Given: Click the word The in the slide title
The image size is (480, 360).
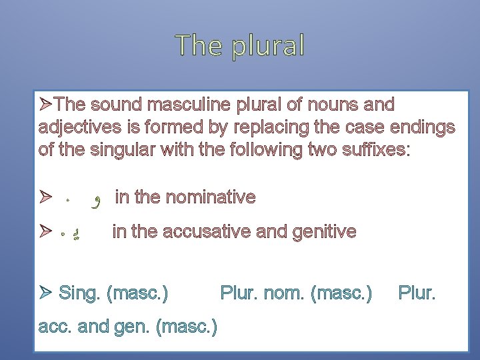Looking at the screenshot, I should coord(197,45).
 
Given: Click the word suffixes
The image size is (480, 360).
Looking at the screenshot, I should coord(375,149).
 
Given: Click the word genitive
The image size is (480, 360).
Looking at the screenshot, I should coord(325,231).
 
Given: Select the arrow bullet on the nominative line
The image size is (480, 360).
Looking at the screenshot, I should coord(45,197).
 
